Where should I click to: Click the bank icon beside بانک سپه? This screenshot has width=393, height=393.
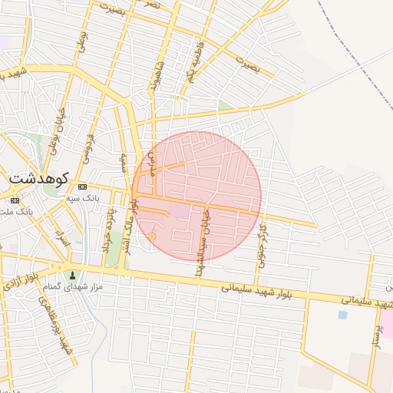82,187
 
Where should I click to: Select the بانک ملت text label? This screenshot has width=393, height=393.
31,210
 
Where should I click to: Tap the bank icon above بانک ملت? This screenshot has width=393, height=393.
15,200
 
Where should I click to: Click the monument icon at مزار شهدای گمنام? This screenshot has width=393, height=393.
73,275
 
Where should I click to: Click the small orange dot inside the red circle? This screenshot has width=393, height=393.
152,236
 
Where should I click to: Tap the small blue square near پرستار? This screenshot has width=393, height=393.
342,314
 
